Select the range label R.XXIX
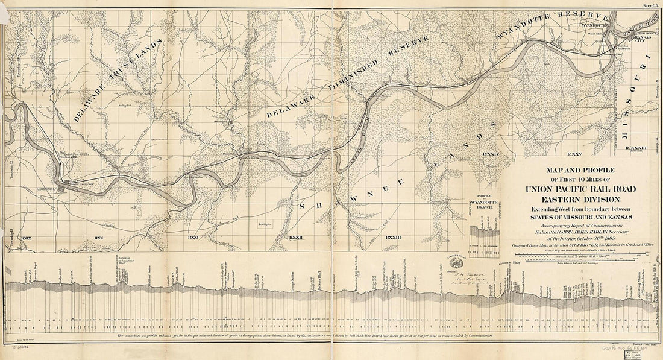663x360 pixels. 25,239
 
